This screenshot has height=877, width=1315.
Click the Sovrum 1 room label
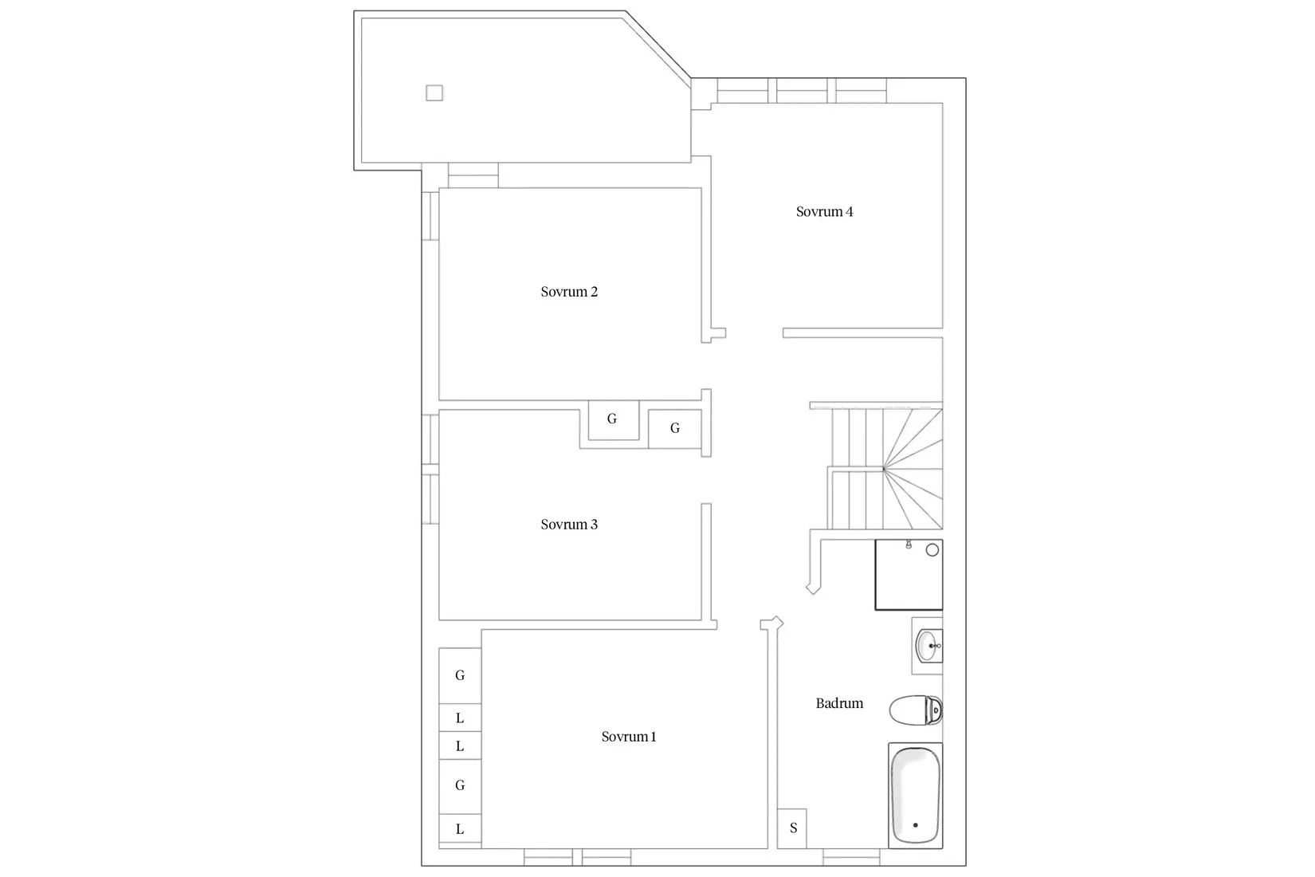pos(629,737)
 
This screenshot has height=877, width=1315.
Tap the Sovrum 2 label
pos(569,292)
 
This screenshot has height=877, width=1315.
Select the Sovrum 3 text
pos(569,525)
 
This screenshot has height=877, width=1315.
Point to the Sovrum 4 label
pos(824,211)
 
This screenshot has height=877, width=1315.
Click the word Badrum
pos(839,703)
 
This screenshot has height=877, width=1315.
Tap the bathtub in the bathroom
pos(915,795)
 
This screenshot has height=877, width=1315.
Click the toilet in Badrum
pos(916,710)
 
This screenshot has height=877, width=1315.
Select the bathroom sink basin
pos(928,645)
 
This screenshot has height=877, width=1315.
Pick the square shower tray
pos(909,575)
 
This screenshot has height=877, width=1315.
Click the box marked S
pos(793,828)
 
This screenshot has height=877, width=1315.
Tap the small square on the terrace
pos(434,93)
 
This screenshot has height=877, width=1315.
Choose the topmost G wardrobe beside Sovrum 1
pos(460,675)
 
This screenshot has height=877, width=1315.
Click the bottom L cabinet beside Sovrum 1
pos(460,829)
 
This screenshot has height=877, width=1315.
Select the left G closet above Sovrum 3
pos(613,419)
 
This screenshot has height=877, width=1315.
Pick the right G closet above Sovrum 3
pos(675,429)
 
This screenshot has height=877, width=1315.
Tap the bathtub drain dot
pos(915,825)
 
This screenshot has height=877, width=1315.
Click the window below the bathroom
pos(851,859)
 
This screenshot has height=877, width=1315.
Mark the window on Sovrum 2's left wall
pos(430,214)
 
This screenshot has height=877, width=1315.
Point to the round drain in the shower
pos(932,550)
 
